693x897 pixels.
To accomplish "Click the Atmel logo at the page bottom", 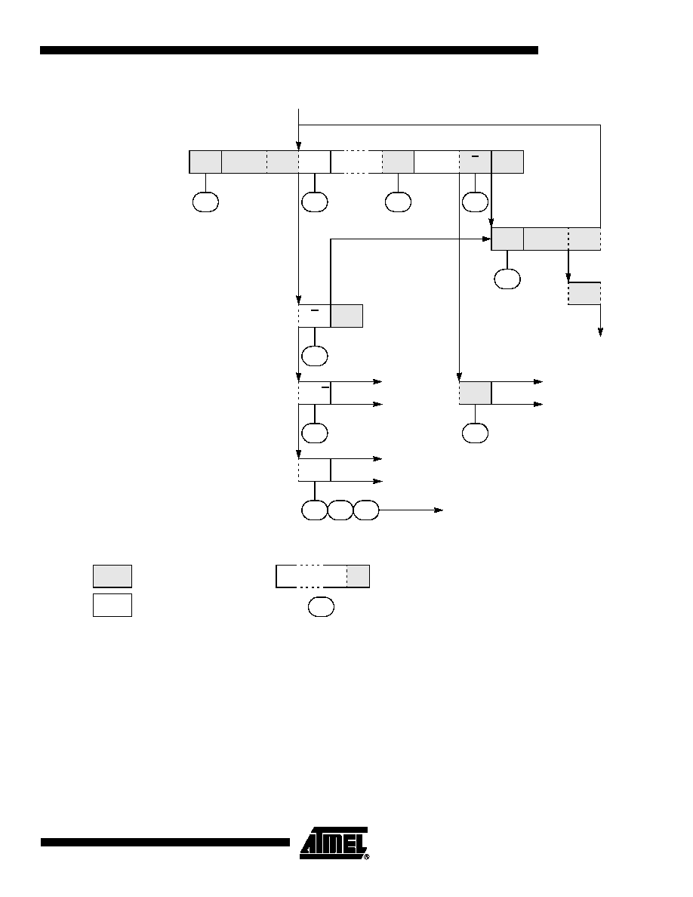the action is (x=334, y=843).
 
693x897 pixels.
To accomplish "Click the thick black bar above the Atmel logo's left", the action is (x=165, y=842).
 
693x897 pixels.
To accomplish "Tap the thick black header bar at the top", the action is (x=288, y=51).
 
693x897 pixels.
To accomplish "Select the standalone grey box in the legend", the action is (x=112, y=576).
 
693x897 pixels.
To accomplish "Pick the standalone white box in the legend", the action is (x=112, y=605).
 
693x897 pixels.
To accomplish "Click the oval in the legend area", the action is (x=321, y=607).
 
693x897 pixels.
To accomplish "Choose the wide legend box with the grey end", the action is (x=322, y=576).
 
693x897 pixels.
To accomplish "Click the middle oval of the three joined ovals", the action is (x=340, y=510).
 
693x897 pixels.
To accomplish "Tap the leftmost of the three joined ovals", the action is (x=315, y=510).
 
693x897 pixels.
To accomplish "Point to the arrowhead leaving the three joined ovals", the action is (x=439, y=510).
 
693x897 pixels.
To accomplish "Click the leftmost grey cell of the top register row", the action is (x=205, y=162).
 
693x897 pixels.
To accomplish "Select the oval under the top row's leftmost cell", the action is (x=205, y=202).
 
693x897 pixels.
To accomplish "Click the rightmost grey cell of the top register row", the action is (x=508, y=162).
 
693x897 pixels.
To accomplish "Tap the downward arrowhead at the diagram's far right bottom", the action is (x=600, y=331).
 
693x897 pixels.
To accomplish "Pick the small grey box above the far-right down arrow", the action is (x=584, y=294).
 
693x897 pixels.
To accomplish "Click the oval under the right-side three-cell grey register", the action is (x=507, y=279).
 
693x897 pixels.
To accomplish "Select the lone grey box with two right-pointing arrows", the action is (x=475, y=393).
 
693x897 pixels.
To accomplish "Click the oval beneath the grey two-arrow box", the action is (x=475, y=433).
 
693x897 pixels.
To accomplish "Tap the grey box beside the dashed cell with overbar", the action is (x=346, y=316).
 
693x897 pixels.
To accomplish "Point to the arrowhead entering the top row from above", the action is (x=298, y=146).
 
